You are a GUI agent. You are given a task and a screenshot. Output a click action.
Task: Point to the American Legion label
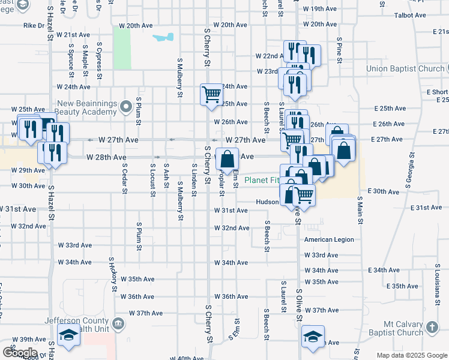(x=329, y=239)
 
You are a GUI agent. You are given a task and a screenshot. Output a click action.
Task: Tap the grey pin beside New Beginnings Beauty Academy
(x=125, y=107)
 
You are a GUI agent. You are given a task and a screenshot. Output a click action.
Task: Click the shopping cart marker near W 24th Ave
(x=211, y=94)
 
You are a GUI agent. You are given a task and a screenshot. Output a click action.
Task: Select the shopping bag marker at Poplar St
(x=227, y=159)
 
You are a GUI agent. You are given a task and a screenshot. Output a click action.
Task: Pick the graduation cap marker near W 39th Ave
(x=68, y=336)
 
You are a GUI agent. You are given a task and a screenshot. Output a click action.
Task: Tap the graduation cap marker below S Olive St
(x=313, y=337)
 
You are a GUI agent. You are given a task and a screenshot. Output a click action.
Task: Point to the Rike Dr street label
(x=34, y=26)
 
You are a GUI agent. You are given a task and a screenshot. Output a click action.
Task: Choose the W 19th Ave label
(x=320, y=9)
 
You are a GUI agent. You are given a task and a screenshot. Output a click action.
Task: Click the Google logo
(x=20, y=352)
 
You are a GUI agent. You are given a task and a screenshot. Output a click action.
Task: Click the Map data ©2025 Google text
(x=412, y=355)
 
